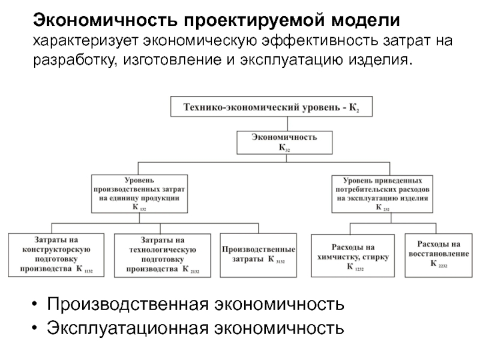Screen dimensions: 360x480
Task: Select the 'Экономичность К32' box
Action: point(284,142)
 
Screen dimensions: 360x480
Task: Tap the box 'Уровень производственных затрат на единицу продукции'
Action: point(139,193)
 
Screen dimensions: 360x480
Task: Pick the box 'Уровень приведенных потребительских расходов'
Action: point(381,193)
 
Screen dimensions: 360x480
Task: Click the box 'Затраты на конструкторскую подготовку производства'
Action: point(56,254)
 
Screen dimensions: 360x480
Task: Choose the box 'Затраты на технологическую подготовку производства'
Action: point(163,254)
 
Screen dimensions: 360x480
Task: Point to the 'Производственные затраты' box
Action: point(258,254)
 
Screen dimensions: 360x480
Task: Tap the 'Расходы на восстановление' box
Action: point(439,254)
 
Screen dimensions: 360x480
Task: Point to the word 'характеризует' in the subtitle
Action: point(87,41)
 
